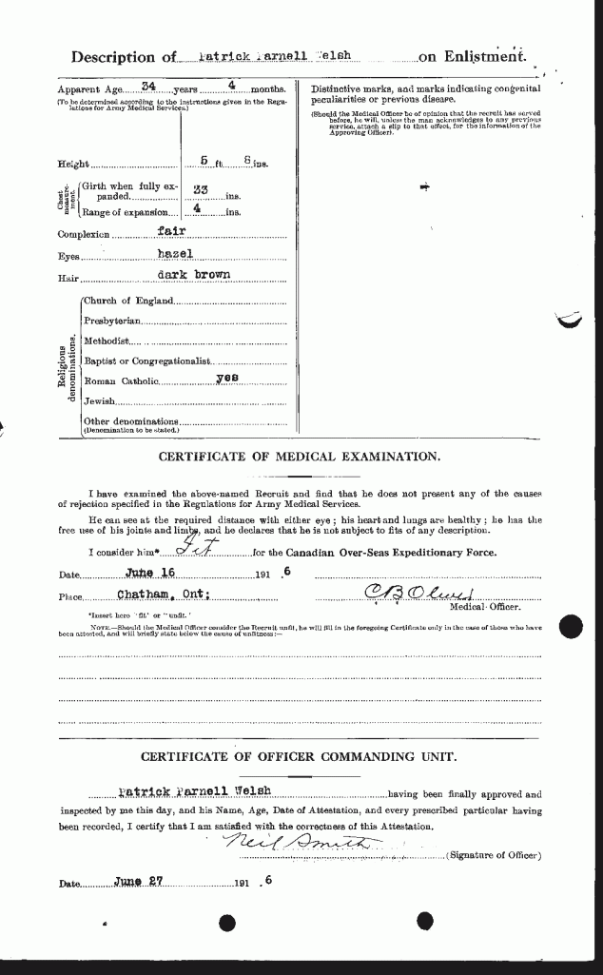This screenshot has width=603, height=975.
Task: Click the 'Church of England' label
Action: click(x=128, y=301)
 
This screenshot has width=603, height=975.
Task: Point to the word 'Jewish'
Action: click(x=100, y=402)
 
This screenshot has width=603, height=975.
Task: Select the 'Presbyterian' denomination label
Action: click(x=112, y=322)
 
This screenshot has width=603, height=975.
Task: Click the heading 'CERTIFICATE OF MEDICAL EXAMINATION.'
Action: click(x=299, y=457)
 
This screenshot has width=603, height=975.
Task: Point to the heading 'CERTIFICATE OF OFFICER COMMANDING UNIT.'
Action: click(x=299, y=757)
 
